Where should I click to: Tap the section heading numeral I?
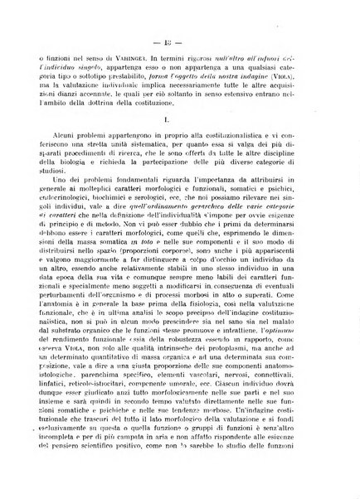(x=179, y=121)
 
